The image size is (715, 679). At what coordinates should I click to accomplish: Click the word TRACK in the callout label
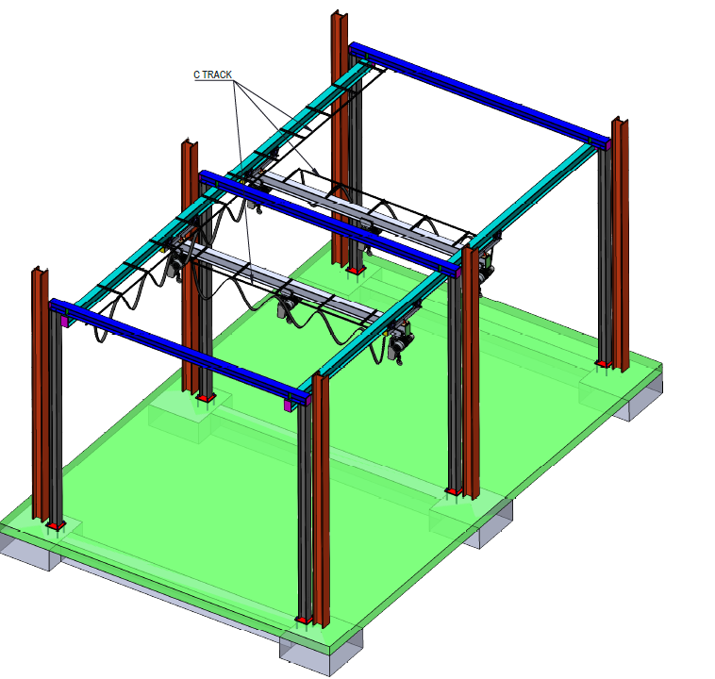(x=217, y=75)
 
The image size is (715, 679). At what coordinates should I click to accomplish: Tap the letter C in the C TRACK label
(x=196, y=75)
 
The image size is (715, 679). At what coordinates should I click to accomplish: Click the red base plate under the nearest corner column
(x=304, y=620)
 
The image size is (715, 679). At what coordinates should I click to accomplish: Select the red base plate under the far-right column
(x=604, y=363)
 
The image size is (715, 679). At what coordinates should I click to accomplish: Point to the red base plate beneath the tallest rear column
(x=356, y=270)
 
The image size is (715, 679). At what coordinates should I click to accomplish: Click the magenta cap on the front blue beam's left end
(x=64, y=321)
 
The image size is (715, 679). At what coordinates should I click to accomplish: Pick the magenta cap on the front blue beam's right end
(x=288, y=405)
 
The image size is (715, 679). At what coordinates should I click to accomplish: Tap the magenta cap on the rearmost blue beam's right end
(x=607, y=144)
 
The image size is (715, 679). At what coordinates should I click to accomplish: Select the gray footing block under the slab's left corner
(x=27, y=550)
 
